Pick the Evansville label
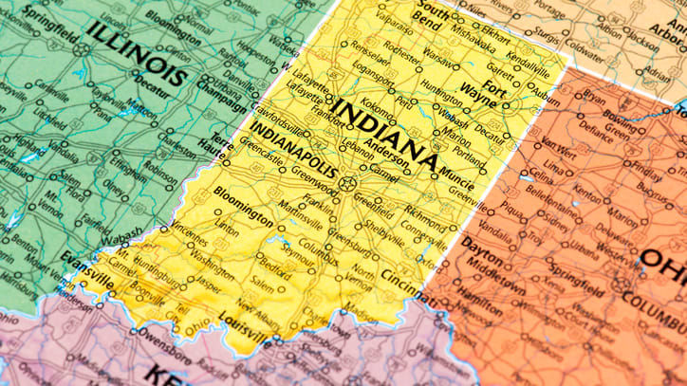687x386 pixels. pyautogui.click(x=86, y=262)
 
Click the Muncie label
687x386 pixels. pyautogui.click(x=458, y=175)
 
